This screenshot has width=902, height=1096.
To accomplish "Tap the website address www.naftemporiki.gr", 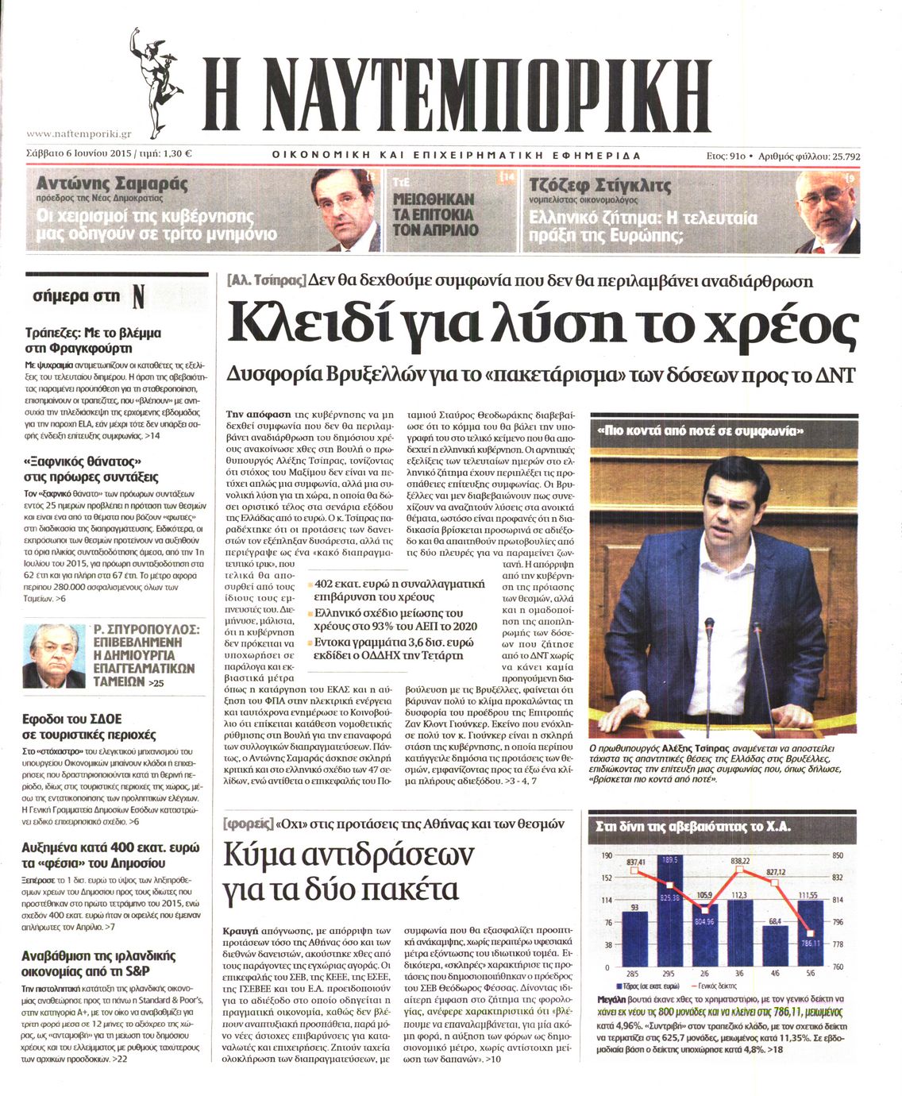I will coord(79,135).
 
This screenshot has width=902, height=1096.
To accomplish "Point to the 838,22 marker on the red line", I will coord(740,870).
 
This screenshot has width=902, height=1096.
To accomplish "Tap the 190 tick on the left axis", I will coord(607,855).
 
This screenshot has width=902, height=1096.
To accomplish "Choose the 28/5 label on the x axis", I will coord(633,973).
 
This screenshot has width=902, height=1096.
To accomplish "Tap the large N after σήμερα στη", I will coord(138,297).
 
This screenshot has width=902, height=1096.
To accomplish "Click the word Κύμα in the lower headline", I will coord(264,855).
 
